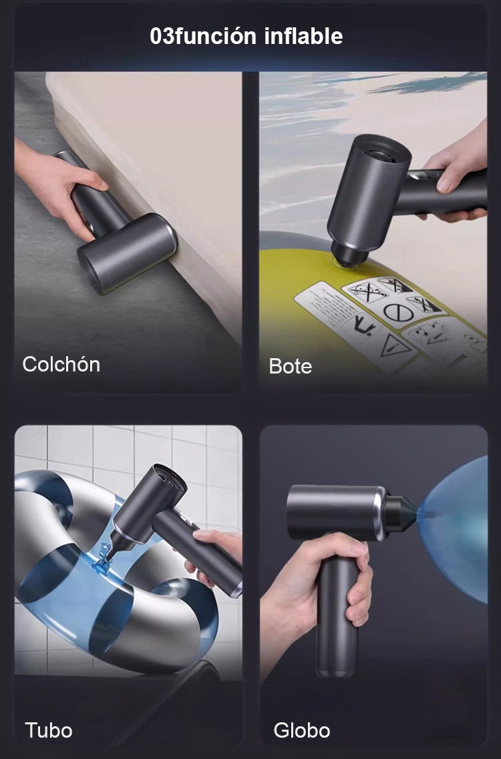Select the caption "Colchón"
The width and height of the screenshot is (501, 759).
tap(61, 364)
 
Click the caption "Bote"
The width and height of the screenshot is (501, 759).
tap(290, 366)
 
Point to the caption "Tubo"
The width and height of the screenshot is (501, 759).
tap(49, 730)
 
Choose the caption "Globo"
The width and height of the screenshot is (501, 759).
tap(302, 730)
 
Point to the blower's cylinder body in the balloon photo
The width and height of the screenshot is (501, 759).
tap(335, 512)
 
